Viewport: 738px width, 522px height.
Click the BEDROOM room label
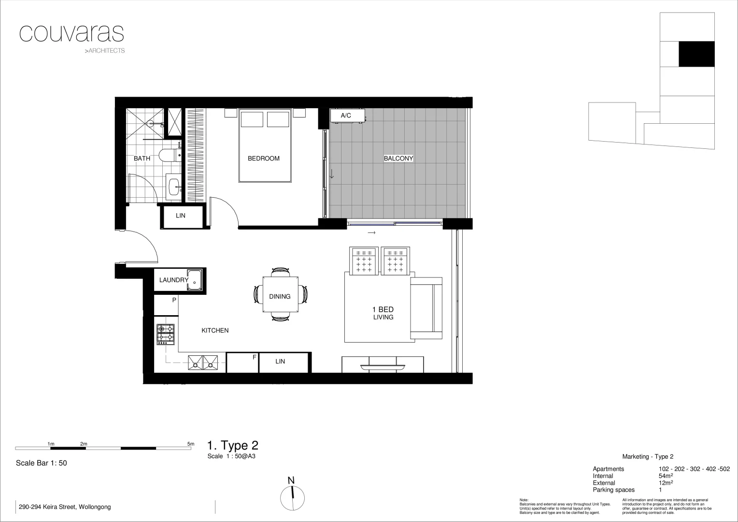click(x=263, y=159)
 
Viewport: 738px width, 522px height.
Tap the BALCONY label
click(x=398, y=159)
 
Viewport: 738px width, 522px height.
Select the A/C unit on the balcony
click(x=347, y=116)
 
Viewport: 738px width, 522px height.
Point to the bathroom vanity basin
click(x=173, y=184)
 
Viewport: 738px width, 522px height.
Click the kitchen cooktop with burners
click(x=165, y=334)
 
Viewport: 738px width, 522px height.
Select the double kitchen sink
click(x=203, y=362)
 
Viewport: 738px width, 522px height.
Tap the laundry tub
click(x=195, y=279)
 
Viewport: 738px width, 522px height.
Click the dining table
click(x=280, y=294)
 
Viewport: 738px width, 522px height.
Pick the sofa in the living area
click(x=426, y=308)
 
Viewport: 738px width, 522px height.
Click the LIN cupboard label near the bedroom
click(x=181, y=216)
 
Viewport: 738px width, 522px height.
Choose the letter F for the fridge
click(x=254, y=358)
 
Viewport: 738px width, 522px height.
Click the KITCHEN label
click(x=215, y=331)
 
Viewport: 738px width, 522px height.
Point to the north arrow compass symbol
click(x=292, y=497)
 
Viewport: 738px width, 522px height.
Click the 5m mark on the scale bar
click(x=191, y=444)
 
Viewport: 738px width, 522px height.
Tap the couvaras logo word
click(x=71, y=33)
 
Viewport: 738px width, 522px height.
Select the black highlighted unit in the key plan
click(x=696, y=54)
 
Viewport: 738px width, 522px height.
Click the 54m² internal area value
click(x=666, y=476)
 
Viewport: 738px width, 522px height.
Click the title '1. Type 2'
click(x=232, y=446)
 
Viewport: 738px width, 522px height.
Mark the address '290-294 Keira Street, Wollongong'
click(x=65, y=507)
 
